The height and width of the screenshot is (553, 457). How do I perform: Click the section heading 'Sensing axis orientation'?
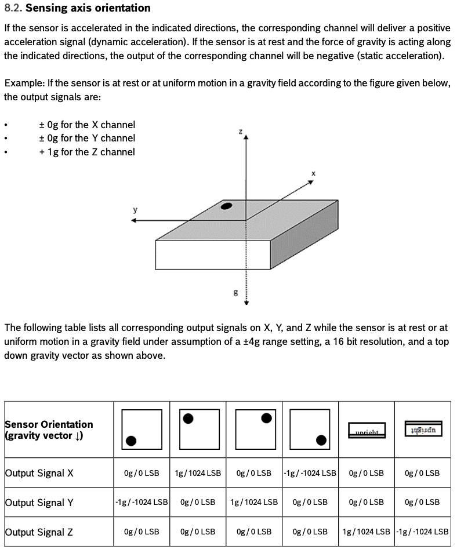point(88,8)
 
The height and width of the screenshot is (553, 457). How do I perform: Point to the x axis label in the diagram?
point(313,173)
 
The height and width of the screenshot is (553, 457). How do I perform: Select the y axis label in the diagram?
point(135,210)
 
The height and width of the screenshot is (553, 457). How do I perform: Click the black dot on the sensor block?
point(227,206)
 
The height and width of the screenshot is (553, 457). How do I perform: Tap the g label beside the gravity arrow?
point(235,293)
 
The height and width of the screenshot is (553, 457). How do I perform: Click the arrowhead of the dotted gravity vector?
point(246,302)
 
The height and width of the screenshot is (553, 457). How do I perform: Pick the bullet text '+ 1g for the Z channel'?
point(87,152)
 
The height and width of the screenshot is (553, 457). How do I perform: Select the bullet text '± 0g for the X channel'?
point(87,125)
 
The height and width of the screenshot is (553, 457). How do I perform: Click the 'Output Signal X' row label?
point(39,473)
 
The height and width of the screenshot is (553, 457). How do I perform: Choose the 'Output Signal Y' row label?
point(39,503)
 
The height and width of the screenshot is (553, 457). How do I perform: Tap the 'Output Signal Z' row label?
point(39,532)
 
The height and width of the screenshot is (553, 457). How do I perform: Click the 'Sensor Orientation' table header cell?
point(49,430)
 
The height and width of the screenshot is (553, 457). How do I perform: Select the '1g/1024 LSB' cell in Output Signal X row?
point(198,473)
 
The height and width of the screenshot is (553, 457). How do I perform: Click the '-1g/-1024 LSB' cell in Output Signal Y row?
point(142,503)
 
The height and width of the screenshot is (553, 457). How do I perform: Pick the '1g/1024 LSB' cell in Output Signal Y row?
point(254,503)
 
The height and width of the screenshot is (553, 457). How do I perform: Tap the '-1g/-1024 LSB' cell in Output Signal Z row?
point(423,532)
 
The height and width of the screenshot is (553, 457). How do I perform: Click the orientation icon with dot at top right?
point(255,429)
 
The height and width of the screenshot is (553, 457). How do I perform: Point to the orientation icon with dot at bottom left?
point(142,429)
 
